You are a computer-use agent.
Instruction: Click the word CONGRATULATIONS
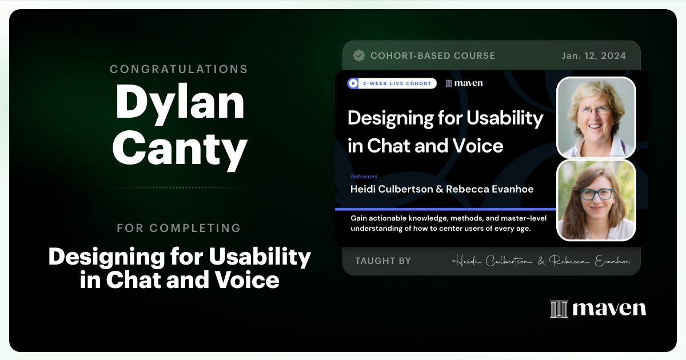(179, 69)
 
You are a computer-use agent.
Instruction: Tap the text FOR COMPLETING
(179, 228)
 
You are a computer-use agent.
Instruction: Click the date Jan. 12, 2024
(593, 56)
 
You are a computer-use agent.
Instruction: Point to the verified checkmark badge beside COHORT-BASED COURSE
(359, 55)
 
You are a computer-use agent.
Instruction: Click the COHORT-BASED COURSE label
(433, 56)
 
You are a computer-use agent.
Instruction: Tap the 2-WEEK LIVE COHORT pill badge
(392, 83)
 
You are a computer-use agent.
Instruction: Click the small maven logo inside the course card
(464, 83)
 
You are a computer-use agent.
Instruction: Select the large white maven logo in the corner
(598, 309)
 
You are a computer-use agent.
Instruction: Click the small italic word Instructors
(364, 177)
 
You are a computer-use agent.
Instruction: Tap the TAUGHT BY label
(382, 261)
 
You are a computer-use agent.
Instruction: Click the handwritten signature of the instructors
(541, 261)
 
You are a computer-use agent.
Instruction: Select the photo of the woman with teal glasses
(596, 200)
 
